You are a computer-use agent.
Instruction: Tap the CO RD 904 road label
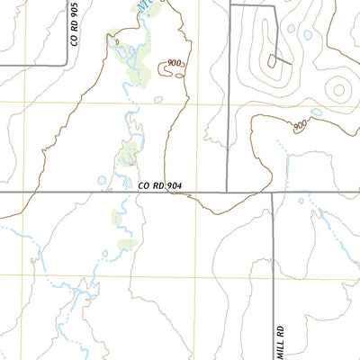pos(160,184)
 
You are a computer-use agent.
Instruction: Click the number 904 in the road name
pos(174,184)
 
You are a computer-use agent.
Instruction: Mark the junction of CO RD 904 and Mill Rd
pos(273,192)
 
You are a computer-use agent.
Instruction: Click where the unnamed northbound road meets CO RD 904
pos(227,192)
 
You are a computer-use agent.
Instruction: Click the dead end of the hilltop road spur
pos(289,64)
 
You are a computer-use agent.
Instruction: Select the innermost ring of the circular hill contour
pos(339,88)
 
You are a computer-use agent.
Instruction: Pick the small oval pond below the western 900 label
pos(159,99)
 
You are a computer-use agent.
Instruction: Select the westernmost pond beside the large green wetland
pos(112,40)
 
